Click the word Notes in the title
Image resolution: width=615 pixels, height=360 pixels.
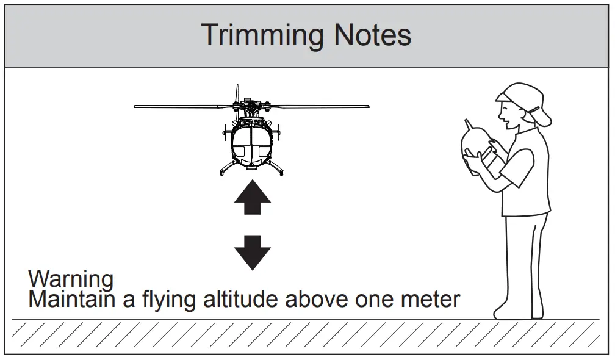pyautogui.click(x=372, y=36)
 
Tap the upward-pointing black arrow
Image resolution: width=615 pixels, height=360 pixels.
pyautogui.click(x=252, y=196)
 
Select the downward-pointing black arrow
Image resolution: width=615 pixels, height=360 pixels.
pyautogui.click(x=252, y=251)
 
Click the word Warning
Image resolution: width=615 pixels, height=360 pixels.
pyautogui.click(x=71, y=279)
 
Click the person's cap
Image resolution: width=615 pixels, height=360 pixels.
pyautogui.click(x=519, y=98)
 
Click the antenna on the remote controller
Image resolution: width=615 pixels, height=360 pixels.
pyautogui.click(x=469, y=124)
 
